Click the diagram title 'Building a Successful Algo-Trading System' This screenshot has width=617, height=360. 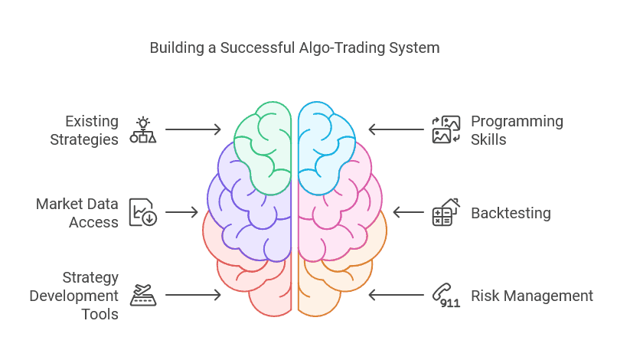[294, 48]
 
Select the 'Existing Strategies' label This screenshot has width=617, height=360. [84, 130]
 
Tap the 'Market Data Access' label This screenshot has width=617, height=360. [77, 213]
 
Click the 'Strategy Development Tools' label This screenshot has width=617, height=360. [74, 296]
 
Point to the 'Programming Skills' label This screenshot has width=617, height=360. [517, 130]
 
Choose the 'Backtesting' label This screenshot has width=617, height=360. [511, 213]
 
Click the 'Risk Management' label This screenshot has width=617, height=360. [532, 296]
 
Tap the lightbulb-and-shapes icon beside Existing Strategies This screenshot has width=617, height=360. [143, 129]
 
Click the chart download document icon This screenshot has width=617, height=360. [143, 212]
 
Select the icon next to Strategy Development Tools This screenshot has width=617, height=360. [143, 295]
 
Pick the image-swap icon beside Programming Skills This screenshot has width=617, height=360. [446, 129]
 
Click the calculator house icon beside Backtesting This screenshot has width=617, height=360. [446, 212]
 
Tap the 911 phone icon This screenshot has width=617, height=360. [446, 295]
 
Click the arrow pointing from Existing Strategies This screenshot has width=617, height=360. [193, 129]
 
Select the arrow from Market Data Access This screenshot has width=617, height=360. [181, 212]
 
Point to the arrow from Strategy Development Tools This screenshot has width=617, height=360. [193, 295]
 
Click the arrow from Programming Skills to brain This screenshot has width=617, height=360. [397, 129]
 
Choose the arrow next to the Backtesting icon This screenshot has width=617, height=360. [409, 212]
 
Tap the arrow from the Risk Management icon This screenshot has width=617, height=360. [397, 295]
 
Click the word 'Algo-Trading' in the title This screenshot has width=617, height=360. [342, 48]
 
